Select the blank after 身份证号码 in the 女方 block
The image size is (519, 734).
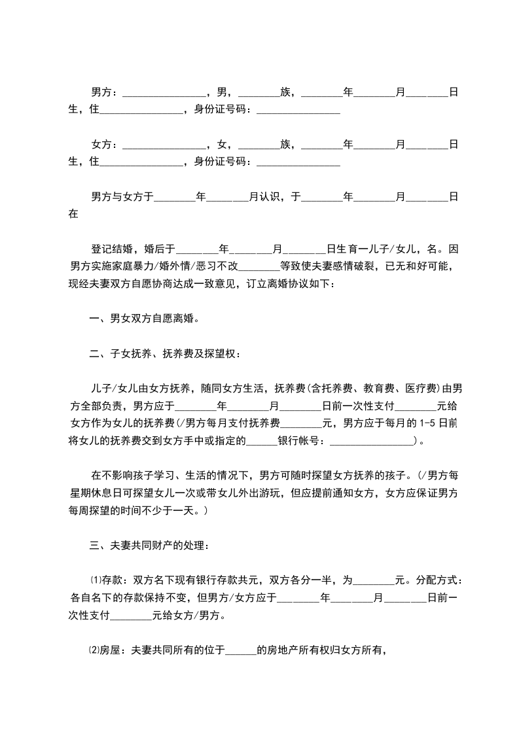point(298,161)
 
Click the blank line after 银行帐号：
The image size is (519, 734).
point(372,441)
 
